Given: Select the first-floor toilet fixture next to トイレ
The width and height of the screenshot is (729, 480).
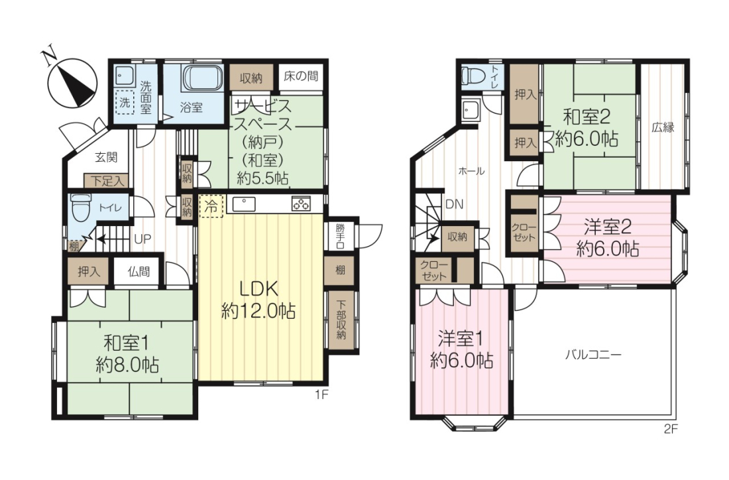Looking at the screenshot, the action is [81, 208].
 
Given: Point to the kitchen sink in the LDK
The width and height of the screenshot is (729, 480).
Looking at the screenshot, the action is [244, 204].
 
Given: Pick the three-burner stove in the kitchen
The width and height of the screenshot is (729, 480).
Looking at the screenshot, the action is [302, 204].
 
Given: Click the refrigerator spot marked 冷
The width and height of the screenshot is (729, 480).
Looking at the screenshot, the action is [211, 206].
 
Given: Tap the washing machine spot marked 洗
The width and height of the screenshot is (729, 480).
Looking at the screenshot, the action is [125, 102].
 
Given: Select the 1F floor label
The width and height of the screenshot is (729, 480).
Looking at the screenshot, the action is [321, 395].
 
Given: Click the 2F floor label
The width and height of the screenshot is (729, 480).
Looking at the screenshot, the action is [671, 429].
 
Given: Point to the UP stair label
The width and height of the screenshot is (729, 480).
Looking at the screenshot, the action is [142, 239].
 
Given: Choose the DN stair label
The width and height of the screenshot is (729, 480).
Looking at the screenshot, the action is [454, 204].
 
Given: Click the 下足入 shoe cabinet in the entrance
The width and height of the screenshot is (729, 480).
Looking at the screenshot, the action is [107, 180].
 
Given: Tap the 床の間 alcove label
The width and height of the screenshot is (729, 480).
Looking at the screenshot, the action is [302, 76].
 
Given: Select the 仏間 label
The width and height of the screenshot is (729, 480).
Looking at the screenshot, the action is [139, 271].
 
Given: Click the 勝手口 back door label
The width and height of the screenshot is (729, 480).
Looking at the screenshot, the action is [341, 236].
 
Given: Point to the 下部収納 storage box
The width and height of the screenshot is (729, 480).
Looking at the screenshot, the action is [341, 320].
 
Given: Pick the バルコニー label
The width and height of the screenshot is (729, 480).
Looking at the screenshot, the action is [592, 355].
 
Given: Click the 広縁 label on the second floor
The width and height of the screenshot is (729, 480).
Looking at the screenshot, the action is [663, 127].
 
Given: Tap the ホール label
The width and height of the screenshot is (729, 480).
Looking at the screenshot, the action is [471, 171].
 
